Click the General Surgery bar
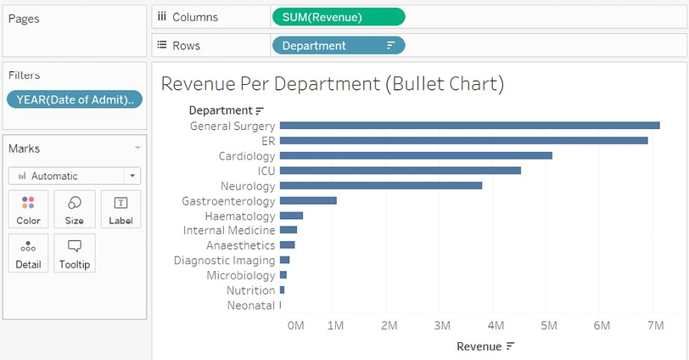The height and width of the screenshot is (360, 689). (x=469, y=126)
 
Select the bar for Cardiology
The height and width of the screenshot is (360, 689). (x=416, y=155)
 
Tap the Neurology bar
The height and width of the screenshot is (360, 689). (x=380, y=185)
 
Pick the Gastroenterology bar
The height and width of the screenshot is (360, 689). (x=308, y=200)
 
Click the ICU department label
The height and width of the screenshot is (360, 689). (x=266, y=171)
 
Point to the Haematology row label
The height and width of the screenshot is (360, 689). (x=240, y=216)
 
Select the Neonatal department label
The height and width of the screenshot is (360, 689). (x=251, y=305)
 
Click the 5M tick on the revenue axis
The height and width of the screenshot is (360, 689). (x=548, y=325)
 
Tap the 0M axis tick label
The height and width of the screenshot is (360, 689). (x=295, y=325)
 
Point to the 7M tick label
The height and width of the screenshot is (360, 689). (x=654, y=325)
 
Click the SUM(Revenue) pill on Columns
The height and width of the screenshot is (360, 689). (x=338, y=17)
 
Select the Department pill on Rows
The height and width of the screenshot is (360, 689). (x=338, y=46)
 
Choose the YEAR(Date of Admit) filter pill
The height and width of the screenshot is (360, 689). (x=75, y=100)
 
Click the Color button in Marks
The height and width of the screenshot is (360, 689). (x=28, y=209)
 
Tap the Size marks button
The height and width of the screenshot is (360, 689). (x=74, y=209)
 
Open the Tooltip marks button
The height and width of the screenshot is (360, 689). (x=74, y=253)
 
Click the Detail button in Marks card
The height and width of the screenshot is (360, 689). (x=28, y=253)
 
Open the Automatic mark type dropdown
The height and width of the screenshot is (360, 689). (x=74, y=176)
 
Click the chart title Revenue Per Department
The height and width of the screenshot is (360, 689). (x=332, y=83)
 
